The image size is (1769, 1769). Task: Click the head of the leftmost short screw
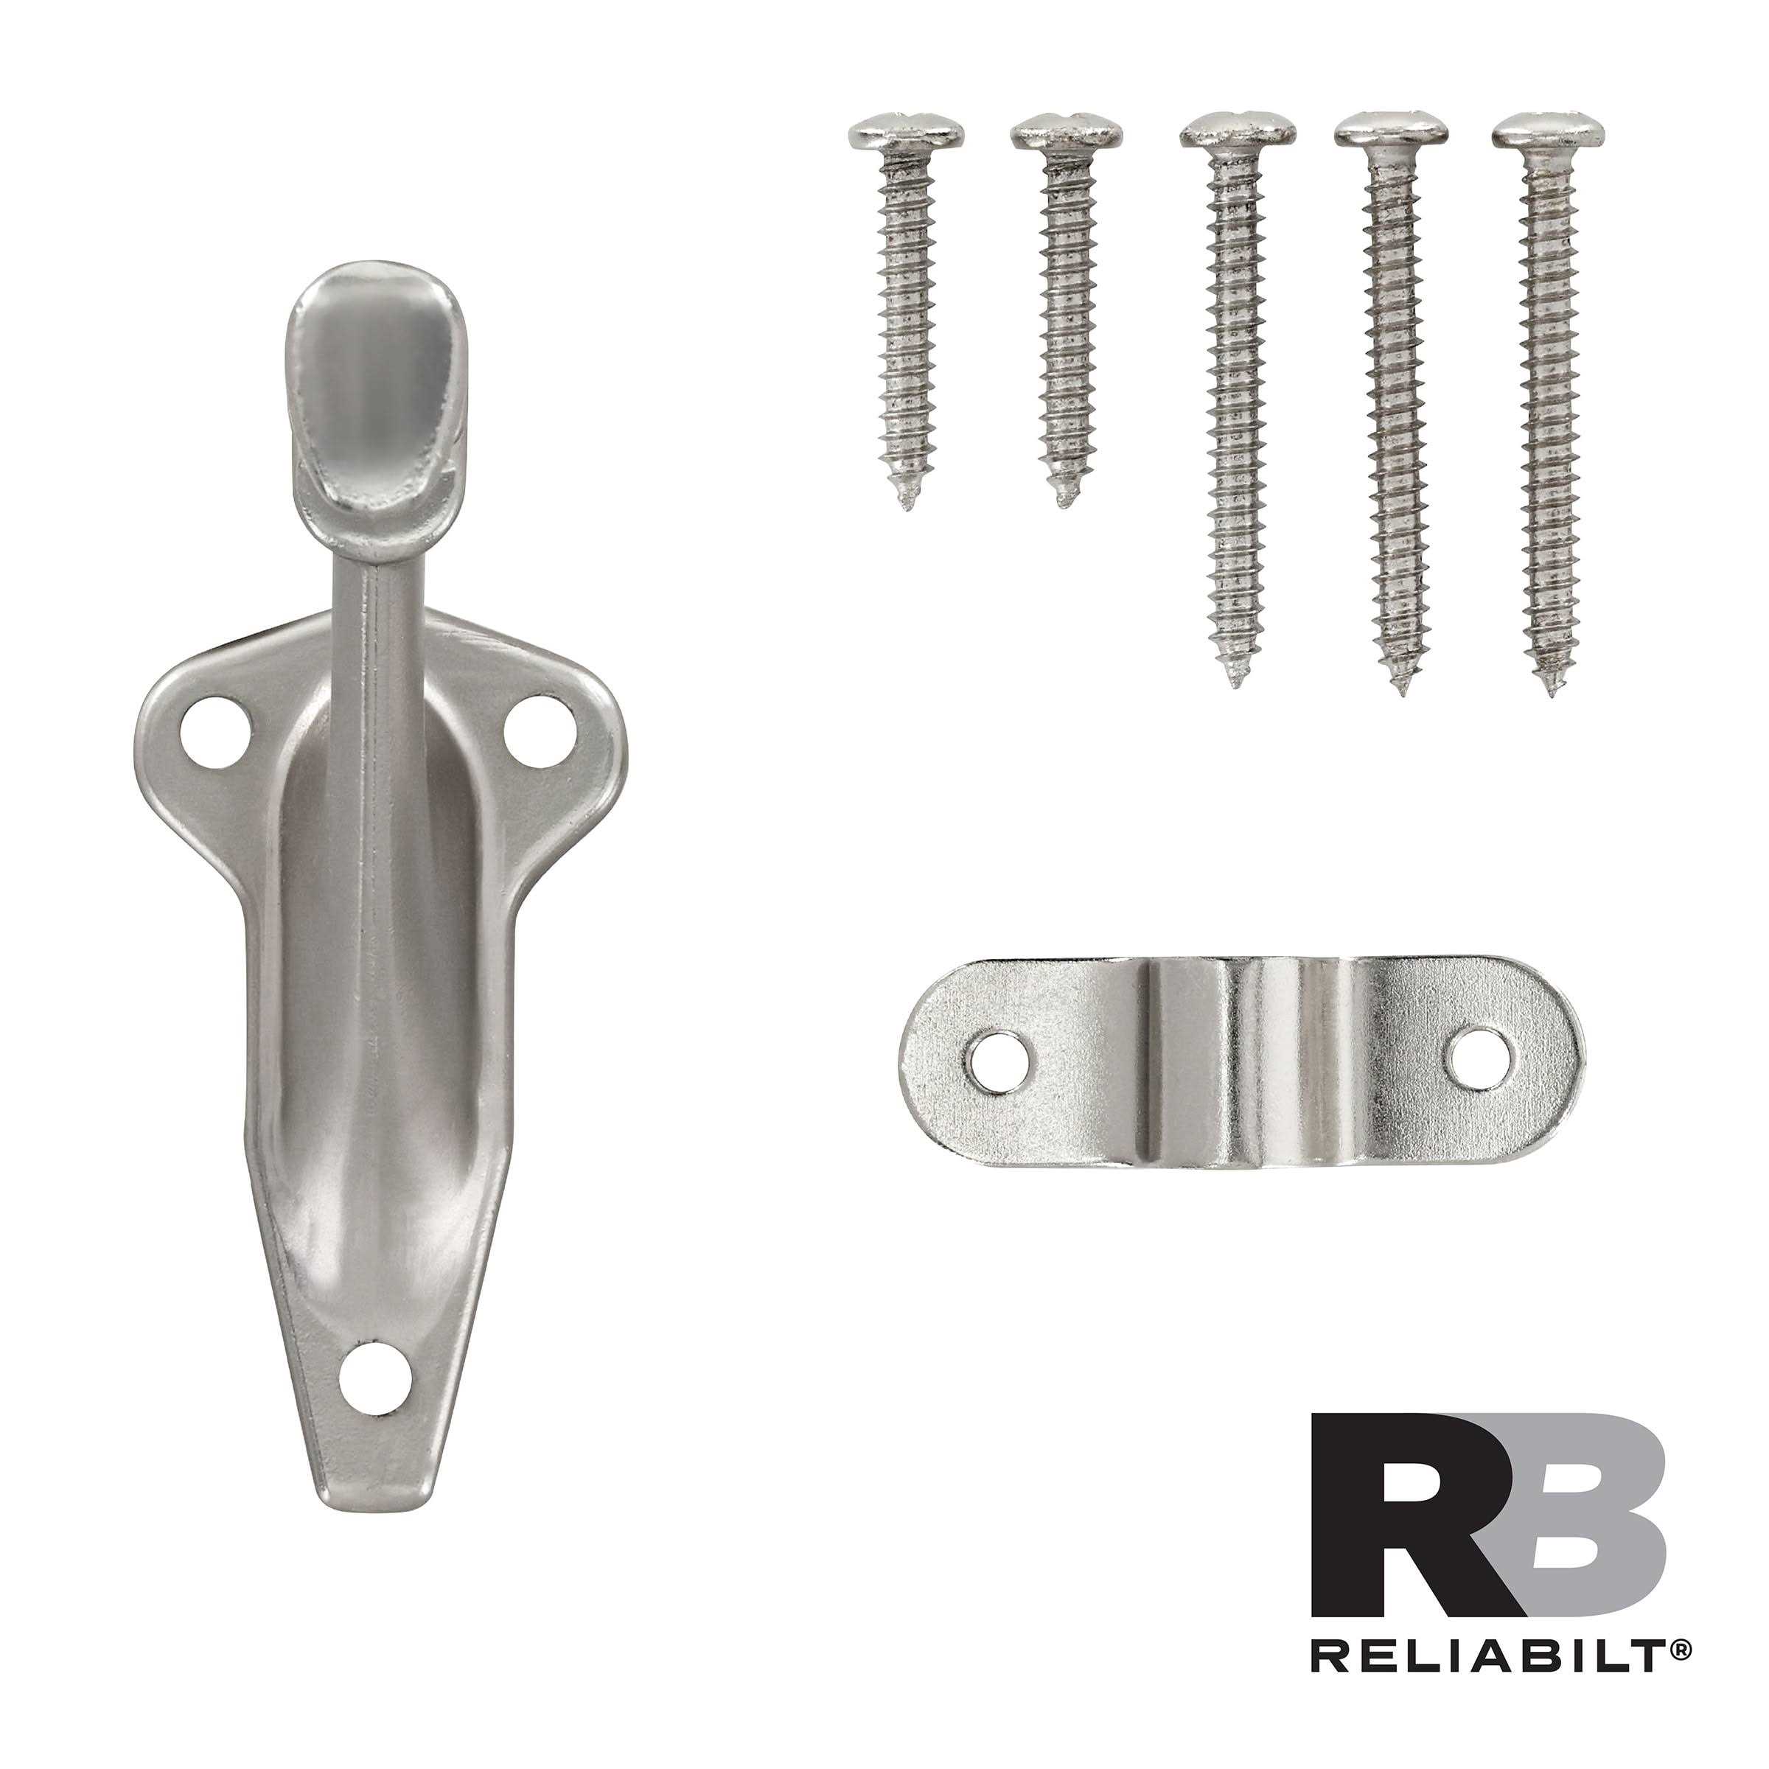pyautogui.click(x=904, y=133)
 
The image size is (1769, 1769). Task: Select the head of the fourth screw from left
pyautogui.click(x=1391, y=132)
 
